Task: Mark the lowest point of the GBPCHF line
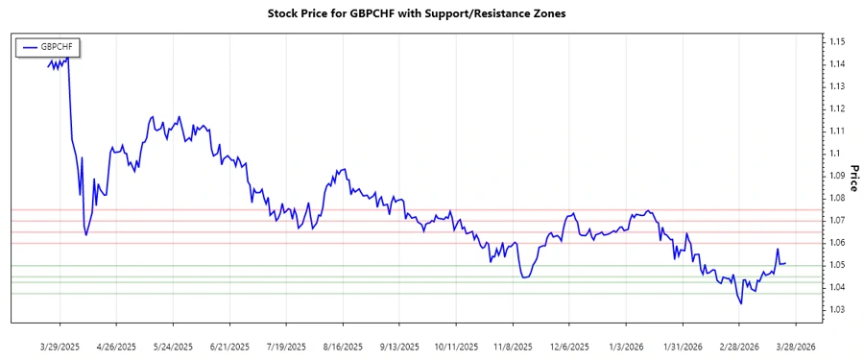(x=741, y=304)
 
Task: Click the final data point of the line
(x=785, y=263)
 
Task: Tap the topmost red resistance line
(x=432, y=209)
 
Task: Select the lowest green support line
(x=432, y=294)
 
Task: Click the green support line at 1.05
(x=432, y=265)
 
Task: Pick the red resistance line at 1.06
(x=432, y=243)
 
